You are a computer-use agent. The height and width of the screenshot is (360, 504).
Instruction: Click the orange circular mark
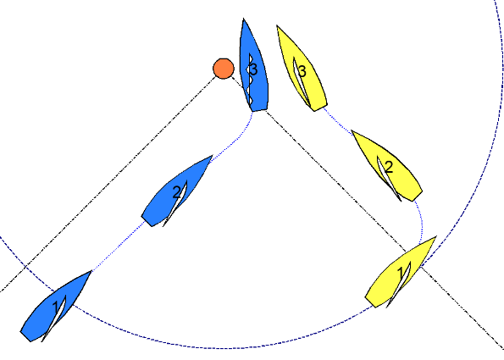point(224,69)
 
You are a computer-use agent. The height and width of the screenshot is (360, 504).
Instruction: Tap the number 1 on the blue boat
point(56,307)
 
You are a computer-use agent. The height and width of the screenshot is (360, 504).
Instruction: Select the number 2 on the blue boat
point(177,192)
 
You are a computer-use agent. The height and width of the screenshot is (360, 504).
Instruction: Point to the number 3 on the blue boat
point(253,69)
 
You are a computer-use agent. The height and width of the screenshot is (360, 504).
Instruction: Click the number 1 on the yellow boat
point(400,274)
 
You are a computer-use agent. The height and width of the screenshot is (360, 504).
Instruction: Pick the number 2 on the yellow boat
point(389,168)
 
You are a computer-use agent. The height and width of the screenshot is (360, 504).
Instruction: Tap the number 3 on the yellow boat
point(302,71)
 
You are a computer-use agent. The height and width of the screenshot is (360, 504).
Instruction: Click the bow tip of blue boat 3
point(243,19)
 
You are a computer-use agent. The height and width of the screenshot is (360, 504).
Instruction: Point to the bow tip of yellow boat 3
point(277,25)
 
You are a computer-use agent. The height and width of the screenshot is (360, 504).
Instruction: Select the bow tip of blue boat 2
point(213,156)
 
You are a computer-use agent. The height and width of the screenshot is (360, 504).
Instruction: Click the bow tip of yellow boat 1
point(436,236)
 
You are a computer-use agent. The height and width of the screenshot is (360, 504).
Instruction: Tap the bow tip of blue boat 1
point(91,271)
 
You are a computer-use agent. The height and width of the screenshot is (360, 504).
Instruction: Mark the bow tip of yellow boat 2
point(352,130)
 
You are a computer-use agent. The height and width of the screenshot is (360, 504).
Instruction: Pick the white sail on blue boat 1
point(55,318)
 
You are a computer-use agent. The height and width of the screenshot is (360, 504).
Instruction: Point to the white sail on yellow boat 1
point(401,284)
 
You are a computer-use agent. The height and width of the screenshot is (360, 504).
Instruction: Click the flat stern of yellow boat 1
point(371,302)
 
